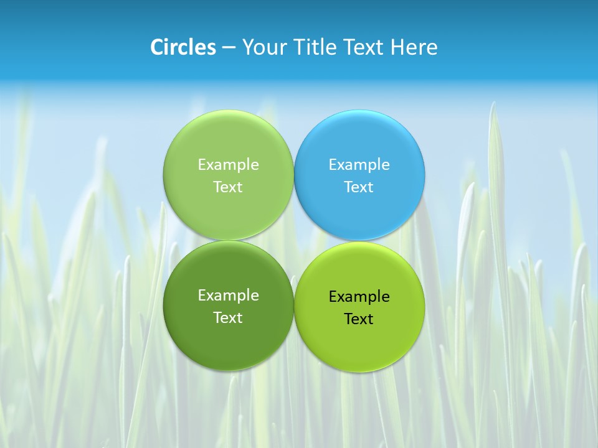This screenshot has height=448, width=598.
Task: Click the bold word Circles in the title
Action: pyautogui.click(x=183, y=47)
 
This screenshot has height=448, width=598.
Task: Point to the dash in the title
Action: pyautogui.click(x=229, y=48)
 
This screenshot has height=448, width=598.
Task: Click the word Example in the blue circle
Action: pyautogui.click(x=359, y=165)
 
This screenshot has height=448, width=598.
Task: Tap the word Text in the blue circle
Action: pyautogui.click(x=359, y=187)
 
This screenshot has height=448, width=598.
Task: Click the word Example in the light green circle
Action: pyautogui.click(x=228, y=165)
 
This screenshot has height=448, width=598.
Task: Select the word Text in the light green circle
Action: pyautogui.click(x=228, y=187)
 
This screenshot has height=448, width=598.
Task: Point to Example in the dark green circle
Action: pyautogui.click(x=228, y=296)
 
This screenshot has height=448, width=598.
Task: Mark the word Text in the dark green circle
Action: pyautogui.click(x=228, y=318)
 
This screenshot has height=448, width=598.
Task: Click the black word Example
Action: pyautogui.click(x=359, y=297)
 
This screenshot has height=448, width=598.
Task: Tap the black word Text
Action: pyautogui.click(x=359, y=319)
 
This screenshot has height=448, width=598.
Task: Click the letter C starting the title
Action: pyautogui.click(x=157, y=47)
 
